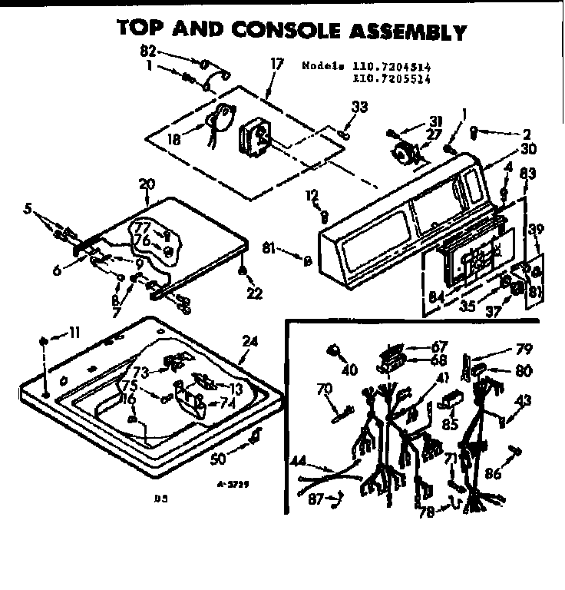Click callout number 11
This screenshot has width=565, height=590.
click(x=74, y=333)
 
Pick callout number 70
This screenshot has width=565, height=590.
click(x=324, y=388)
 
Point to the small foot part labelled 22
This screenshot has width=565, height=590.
click(x=242, y=270)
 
